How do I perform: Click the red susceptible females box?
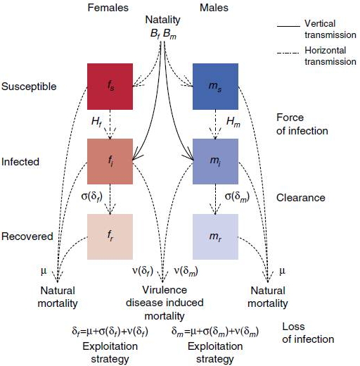coord(110,87)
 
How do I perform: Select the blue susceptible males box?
coord(215,87)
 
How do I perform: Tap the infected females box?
coord(110,161)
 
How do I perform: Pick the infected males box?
coord(215,161)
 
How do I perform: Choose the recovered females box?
coord(110,236)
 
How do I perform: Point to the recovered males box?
coord(215,236)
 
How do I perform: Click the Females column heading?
coord(108,8)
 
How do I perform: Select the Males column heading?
coord(214,8)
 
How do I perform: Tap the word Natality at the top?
coord(162,20)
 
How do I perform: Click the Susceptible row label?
coord(29,87)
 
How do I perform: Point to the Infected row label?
coord(20,162)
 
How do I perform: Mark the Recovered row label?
coord(27,236)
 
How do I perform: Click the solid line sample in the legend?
coord(288,26)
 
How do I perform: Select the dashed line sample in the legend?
coord(288,53)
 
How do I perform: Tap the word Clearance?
coord(301,198)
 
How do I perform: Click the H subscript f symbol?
coord(96,122)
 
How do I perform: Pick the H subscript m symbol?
coord(233,122)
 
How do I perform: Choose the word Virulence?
coord(165,290)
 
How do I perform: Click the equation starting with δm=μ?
coord(215,332)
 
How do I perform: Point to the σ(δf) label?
coord(92,196)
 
